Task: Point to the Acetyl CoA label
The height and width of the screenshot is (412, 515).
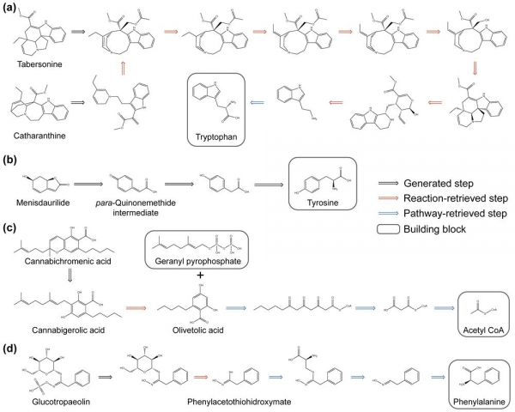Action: (x=484, y=330)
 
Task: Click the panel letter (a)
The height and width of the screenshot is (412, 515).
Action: (x=12, y=9)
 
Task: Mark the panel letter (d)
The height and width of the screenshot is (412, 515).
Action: (x=12, y=348)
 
